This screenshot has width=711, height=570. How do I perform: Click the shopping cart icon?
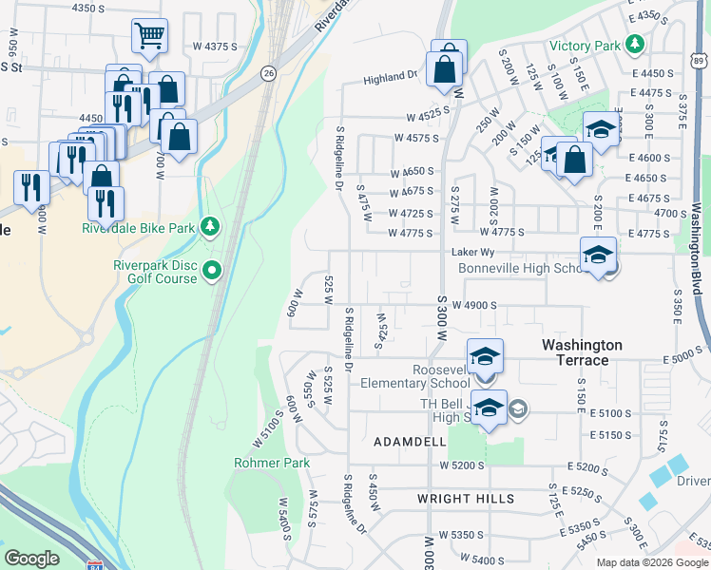click(149, 36)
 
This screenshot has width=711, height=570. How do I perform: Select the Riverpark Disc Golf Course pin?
click(212, 272)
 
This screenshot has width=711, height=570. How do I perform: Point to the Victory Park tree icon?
click(632, 45)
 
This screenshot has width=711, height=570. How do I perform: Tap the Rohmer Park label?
click(272, 463)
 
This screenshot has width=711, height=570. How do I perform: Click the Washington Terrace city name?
click(582, 352)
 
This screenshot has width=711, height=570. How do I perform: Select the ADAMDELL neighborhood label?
click(410, 443)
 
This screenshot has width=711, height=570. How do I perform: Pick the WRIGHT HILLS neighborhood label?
click(466, 499)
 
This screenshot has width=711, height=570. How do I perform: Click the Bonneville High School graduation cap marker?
click(598, 255)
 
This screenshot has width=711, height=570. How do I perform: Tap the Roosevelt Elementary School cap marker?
click(485, 356)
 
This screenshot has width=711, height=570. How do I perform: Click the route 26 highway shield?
click(269, 73)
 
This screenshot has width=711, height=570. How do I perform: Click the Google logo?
click(31, 559)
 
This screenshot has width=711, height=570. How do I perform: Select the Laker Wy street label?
click(473, 253)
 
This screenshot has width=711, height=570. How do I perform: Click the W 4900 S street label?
click(475, 305)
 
